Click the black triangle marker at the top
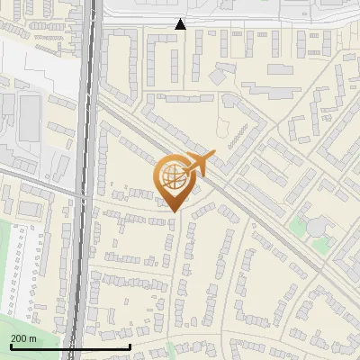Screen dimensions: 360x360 180,24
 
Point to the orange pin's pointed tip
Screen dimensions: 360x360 174,212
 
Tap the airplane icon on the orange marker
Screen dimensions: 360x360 203,164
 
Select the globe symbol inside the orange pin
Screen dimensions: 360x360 174,176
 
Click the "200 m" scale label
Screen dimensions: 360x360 23,337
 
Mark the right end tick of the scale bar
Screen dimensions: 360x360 130,346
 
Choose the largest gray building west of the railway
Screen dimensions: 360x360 30,118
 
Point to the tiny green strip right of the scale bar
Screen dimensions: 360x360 169,349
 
